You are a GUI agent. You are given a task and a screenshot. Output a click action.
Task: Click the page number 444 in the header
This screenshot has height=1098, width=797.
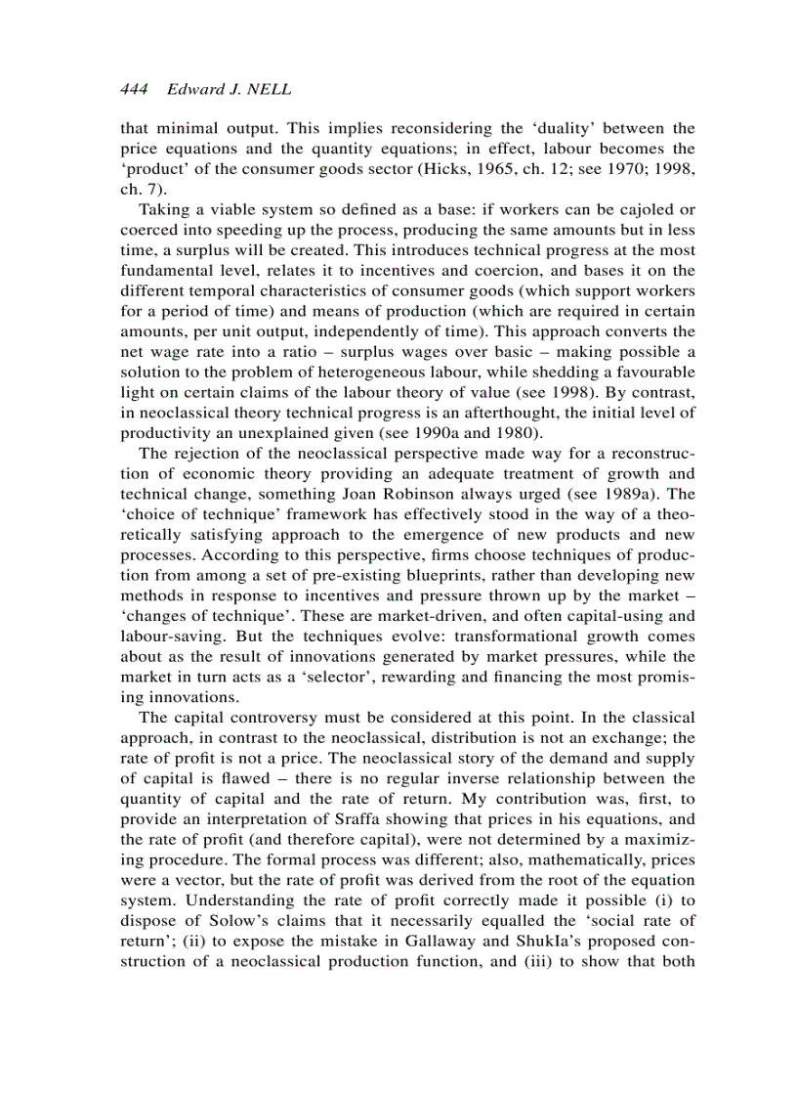pos(134,89)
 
